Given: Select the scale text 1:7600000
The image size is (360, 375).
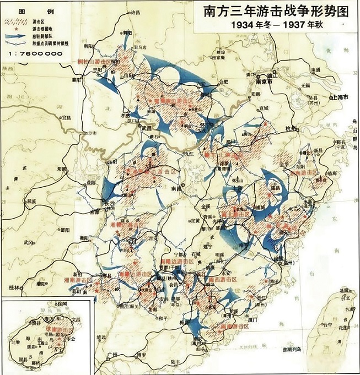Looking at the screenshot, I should (x=34, y=55).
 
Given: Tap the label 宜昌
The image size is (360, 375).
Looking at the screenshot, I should (x=66, y=117).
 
